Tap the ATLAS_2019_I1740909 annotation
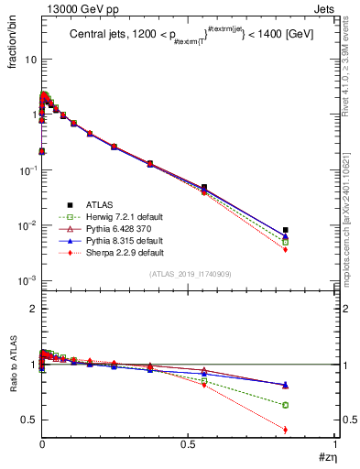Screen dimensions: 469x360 [190, 274]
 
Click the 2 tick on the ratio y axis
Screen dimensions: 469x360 [31, 309]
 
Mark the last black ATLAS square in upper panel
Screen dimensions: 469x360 [286, 230]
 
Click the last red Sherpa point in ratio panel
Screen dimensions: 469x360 [286, 430]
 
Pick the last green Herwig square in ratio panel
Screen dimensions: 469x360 [286, 405]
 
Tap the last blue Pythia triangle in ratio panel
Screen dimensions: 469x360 [286, 385]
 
